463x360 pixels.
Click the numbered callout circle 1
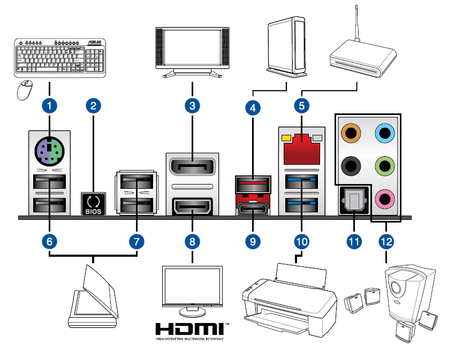tap(50, 105)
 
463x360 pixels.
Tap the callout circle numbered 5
tap(302, 105)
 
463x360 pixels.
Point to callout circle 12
tap(385, 241)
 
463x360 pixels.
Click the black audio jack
tap(351, 166)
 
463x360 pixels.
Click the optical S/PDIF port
tap(353, 202)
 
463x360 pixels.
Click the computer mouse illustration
tap(25, 90)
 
